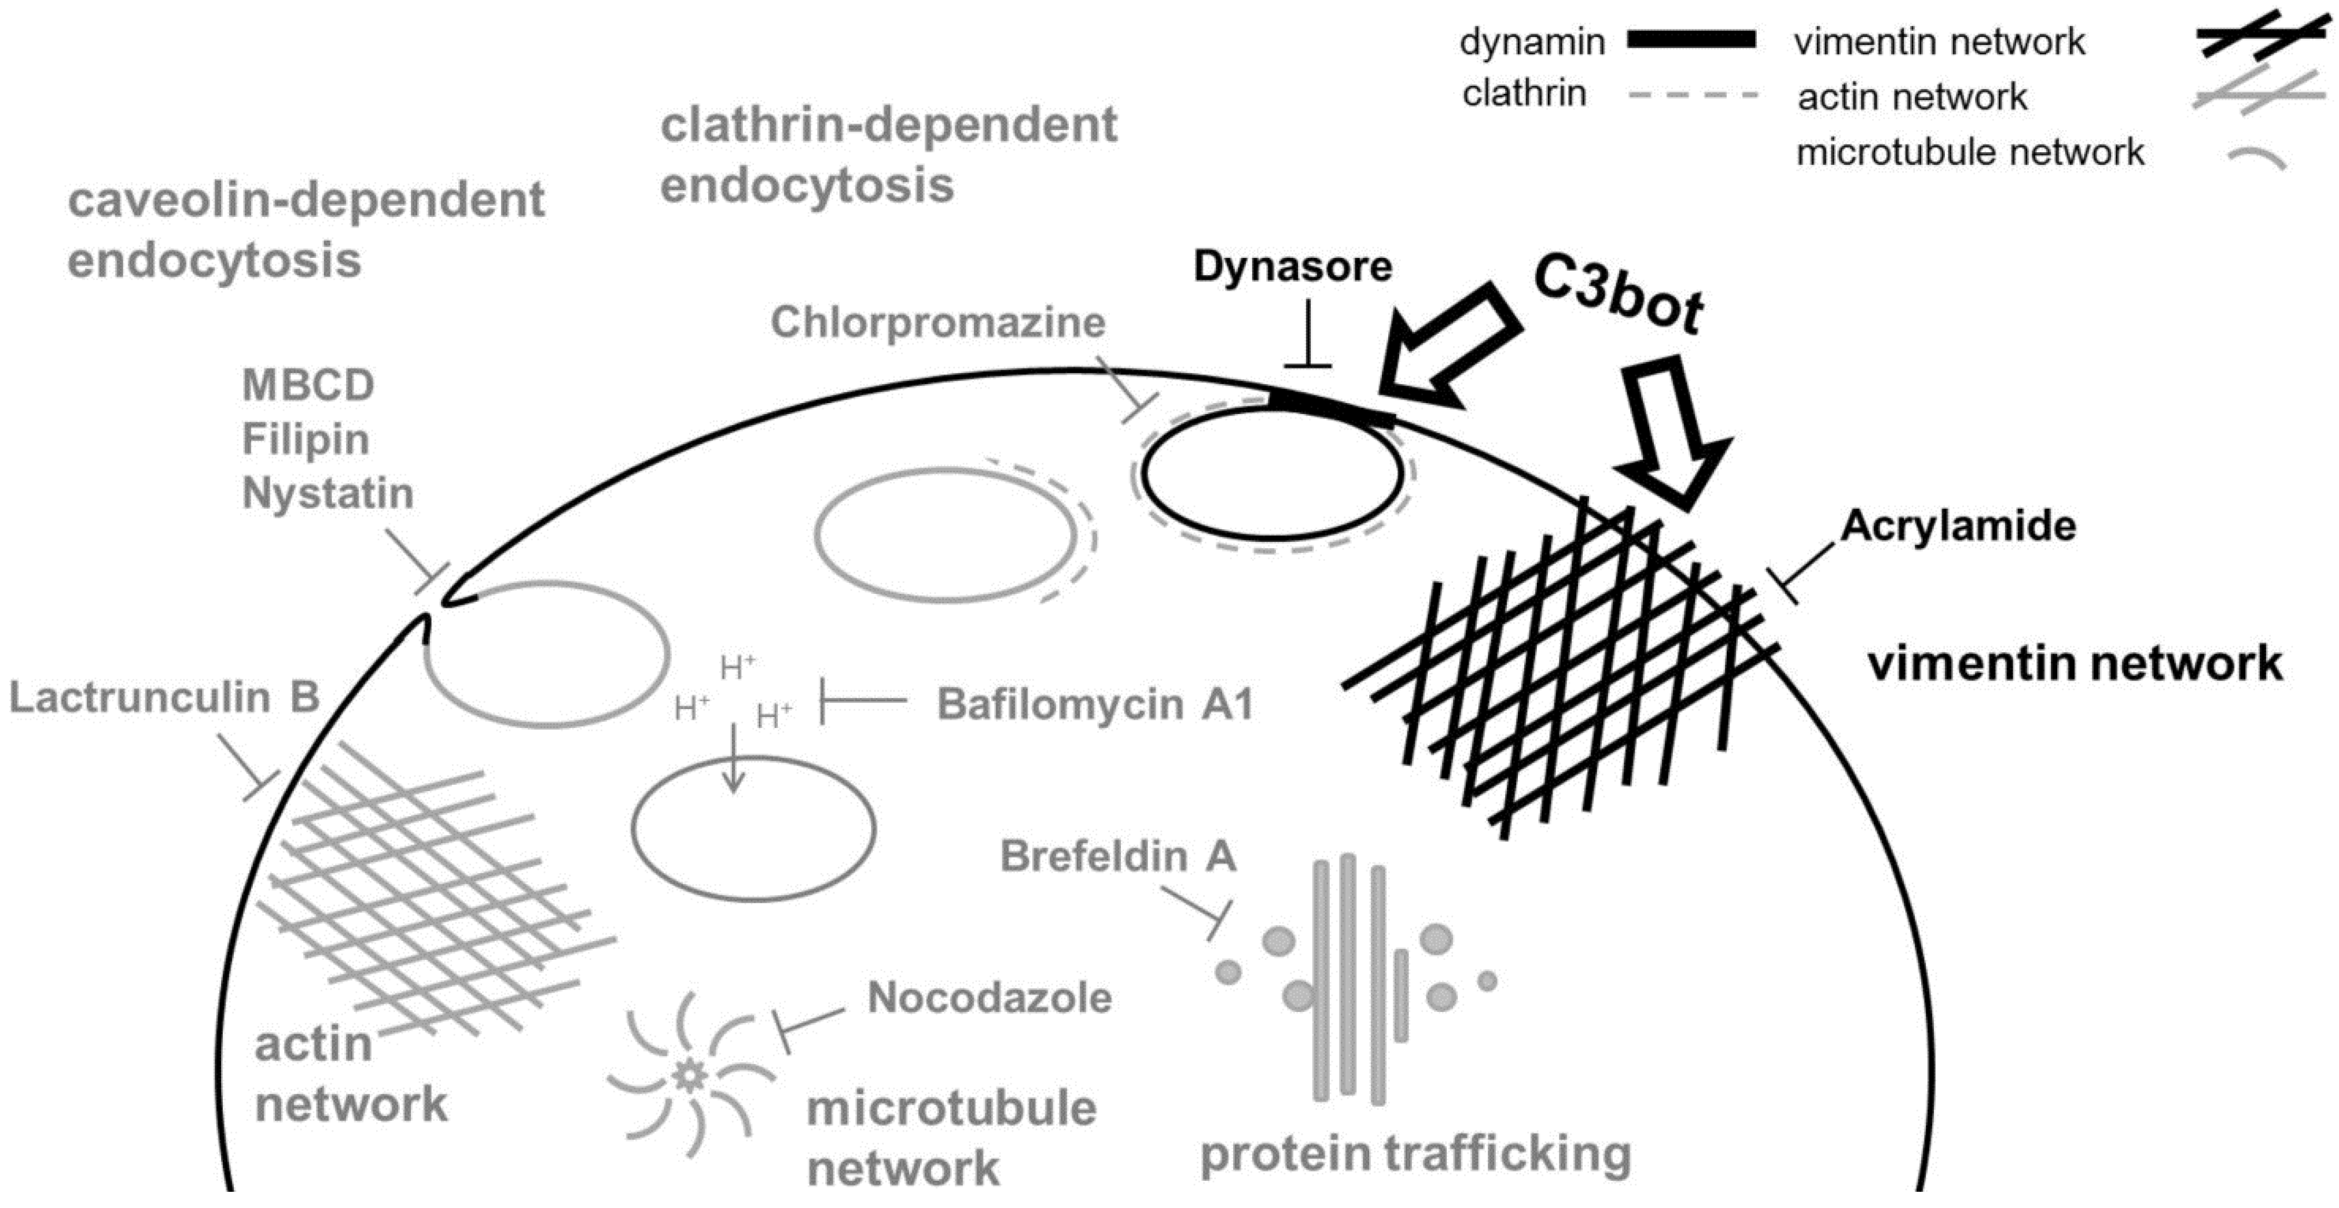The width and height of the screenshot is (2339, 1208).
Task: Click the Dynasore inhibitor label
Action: tap(1292, 267)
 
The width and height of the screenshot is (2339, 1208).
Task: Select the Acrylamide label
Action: tap(1959, 526)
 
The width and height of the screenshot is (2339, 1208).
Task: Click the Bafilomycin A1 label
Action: tap(1094, 704)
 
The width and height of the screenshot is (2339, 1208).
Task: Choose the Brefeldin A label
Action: tap(1118, 856)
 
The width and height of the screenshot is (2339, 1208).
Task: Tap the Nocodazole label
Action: tap(990, 998)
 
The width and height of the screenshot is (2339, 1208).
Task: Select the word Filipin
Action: tap(305, 440)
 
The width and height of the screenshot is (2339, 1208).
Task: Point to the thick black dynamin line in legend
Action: tap(1691, 40)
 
